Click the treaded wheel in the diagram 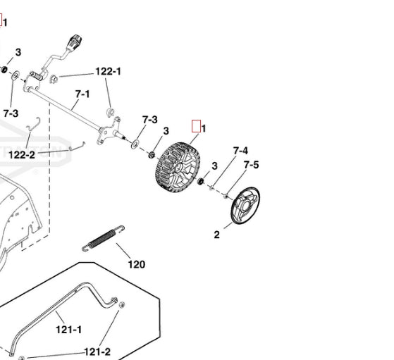pos(178,167)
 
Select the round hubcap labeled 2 pos(245,206)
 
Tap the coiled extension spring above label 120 pos(103,238)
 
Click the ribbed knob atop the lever pos(75,41)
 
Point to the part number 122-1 pos(108,72)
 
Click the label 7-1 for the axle pos(82,94)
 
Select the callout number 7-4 pos(240,151)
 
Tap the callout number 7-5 pos(251,165)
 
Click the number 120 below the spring pos(137,264)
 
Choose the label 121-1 pos(68,330)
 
